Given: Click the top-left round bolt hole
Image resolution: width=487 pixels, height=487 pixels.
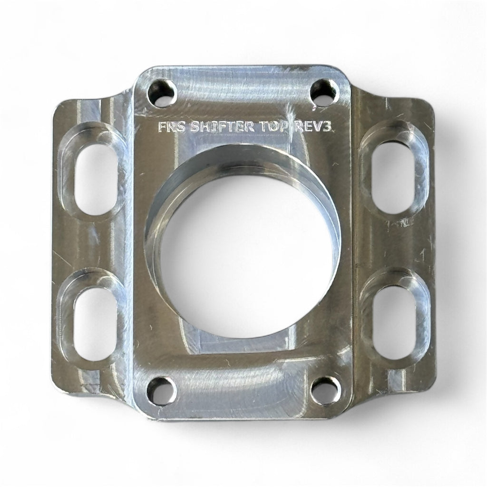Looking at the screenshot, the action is coord(162,93).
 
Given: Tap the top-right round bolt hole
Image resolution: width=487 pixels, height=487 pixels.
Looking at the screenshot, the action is coord(325,92).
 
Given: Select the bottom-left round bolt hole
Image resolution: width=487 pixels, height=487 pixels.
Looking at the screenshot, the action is coord(160,391).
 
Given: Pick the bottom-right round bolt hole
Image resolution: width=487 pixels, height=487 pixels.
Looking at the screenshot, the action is coord(325,390).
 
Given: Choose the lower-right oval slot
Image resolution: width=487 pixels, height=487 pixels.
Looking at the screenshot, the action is coord(394,317).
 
